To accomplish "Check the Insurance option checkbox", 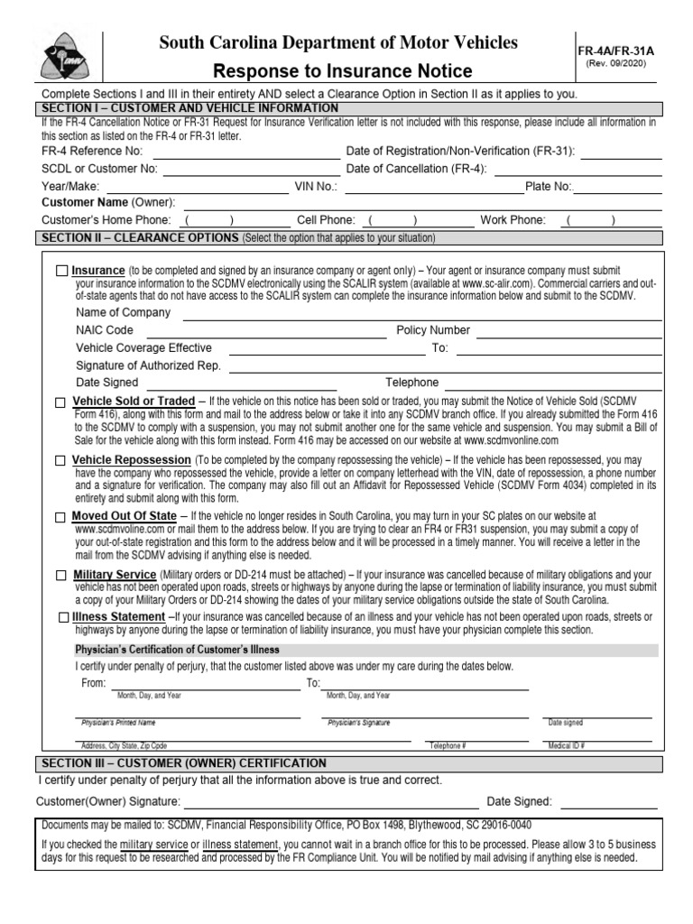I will [x=61, y=271].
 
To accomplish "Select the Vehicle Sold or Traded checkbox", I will [x=60, y=402].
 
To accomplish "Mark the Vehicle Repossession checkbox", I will [x=60, y=461].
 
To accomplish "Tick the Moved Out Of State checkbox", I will [x=60, y=517].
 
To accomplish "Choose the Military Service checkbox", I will [x=60, y=576].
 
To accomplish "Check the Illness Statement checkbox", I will [x=61, y=617].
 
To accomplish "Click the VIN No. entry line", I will [x=433, y=187].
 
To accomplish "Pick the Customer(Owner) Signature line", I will [x=330, y=801].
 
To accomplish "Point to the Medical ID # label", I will [x=567, y=746].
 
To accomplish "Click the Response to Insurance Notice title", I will [x=342, y=71].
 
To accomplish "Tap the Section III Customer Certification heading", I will [x=184, y=763].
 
